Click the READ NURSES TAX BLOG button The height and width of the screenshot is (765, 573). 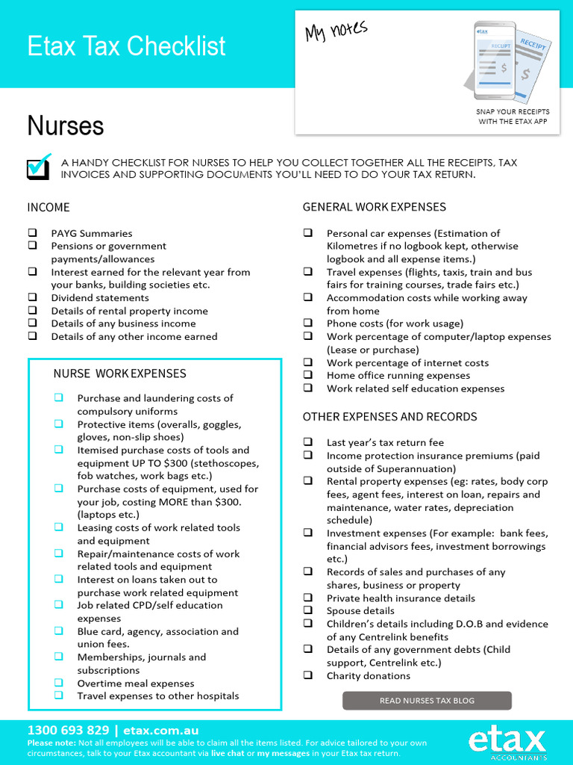pyautogui.click(x=427, y=701)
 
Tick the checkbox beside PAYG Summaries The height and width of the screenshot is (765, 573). pyautogui.click(x=32, y=233)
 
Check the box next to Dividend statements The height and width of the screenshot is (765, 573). pyautogui.click(x=32, y=298)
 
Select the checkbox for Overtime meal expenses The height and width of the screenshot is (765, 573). pyautogui.click(x=58, y=683)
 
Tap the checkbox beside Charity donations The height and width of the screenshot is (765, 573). pyautogui.click(x=307, y=675)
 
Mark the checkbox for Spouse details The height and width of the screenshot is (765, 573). pyautogui.click(x=307, y=610)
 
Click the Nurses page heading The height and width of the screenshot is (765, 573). pyautogui.click(x=66, y=126)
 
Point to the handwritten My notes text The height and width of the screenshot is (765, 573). pyautogui.click(x=336, y=31)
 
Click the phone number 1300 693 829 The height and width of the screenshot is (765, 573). pyautogui.click(x=68, y=731)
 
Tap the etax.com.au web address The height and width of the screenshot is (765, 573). pyautogui.click(x=160, y=731)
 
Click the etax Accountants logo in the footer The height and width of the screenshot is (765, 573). pyautogui.click(x=507, y=744)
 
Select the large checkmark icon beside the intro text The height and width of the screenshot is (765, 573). pyautogui.click(x=39, y=167)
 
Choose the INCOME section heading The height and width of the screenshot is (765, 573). pyautogui.click(x=48, y=207)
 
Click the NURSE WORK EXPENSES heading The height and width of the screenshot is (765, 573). pyautogui.click(x=119, y=374)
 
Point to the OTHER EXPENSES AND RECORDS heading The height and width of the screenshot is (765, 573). pyautogui.click(x=389, y=417)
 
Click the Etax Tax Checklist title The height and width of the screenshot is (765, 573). pyautogui.click(x=126, y=46)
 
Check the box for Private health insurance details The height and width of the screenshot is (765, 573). pyautogui.click(x=307, y=598)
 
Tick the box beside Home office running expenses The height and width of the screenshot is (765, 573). pyautogui.click(x=307, y=376)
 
